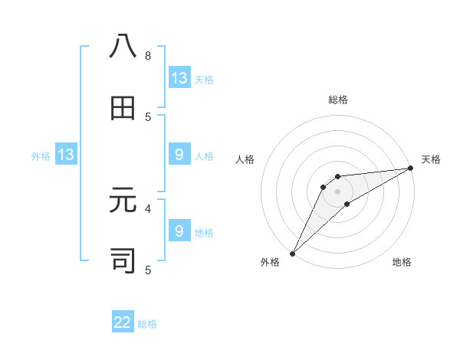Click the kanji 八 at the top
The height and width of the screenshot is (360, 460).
tap(123, 47)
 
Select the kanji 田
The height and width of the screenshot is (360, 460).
tap(123, 108)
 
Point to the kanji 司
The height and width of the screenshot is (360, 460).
tap(123, 260)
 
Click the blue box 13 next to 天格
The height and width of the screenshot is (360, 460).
tap(179, 78)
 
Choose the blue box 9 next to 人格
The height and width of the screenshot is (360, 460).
tap(179, 155)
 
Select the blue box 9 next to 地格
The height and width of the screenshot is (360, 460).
tap(179, 231)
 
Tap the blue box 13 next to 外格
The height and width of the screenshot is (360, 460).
tap(66, 155)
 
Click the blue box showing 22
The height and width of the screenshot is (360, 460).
tap(123, 322)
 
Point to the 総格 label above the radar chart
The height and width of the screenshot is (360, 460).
tap(337, 100)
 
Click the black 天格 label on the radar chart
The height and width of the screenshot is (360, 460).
tap(431, 159)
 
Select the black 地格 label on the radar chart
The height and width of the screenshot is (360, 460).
tap(402, 262)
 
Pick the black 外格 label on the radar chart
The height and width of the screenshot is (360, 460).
tap(270, 262)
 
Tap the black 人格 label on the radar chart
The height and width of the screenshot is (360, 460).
tap(245, 159)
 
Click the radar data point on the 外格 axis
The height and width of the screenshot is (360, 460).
tap(292, 253)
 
